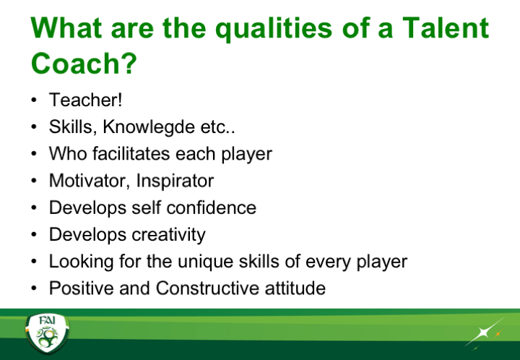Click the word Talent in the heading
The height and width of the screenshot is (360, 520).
[x=446, y=28]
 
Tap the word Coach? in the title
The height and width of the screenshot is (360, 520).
[x=84, y=64]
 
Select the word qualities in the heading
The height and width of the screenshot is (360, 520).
[x=274, y=30]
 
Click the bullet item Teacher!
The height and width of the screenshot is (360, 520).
[x=85, y=100]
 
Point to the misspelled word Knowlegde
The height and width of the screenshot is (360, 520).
[x=148, y=127]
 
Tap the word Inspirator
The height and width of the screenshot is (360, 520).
[x=175, y=181]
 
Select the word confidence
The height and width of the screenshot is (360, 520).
[x=211, y=207]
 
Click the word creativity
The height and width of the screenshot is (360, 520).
[x=168, y=235]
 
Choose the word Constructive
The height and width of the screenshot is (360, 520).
[x=207, y=288]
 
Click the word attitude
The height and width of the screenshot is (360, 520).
[x=295, y=288]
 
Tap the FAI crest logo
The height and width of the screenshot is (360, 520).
[x=48, y=333]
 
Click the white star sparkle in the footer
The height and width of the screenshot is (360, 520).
[x=484, y=333]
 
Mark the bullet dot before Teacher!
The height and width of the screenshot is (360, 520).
[x=33, y=100]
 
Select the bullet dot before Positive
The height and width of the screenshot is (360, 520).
[x=33, y=288]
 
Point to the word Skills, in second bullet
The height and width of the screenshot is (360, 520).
[x=73, y=127]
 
